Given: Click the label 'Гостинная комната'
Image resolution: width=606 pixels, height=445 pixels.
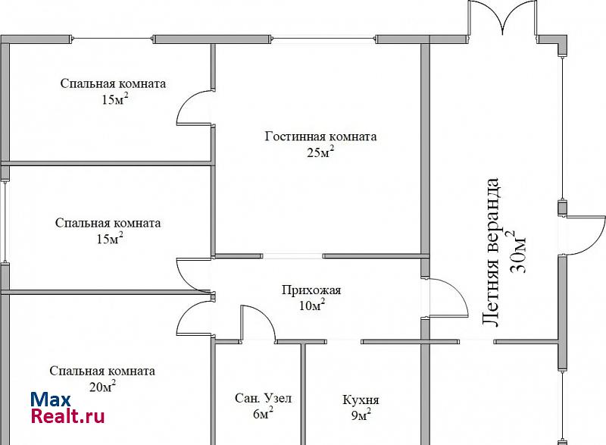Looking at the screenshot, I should coord(320,137).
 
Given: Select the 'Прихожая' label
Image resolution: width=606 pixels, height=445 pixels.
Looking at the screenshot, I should coord(311,290).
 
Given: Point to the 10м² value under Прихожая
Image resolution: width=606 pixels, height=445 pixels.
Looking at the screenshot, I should coord(312,305).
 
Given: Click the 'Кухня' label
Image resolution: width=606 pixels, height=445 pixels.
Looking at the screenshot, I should coord(361,400).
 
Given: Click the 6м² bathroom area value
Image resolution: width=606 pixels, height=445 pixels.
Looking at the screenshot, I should coord(262,414).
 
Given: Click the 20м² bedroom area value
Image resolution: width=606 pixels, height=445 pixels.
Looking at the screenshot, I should coord(102,387).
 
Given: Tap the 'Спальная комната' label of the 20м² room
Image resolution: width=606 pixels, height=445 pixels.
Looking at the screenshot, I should coord(102,371).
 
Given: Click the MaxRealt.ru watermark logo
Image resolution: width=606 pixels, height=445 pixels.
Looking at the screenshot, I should coord(67,408).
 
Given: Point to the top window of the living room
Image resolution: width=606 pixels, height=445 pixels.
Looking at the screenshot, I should coord(325,38).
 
